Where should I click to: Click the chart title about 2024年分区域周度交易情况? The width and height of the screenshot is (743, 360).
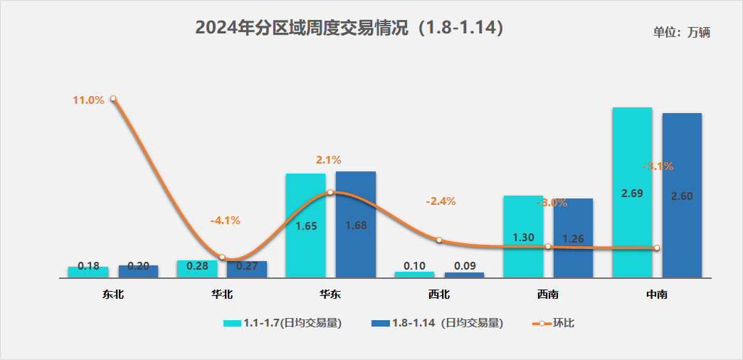(x=349, y=28)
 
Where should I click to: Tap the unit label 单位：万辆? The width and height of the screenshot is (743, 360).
(x=682, y=32)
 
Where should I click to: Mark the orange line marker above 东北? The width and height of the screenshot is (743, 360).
(x=113, y=100)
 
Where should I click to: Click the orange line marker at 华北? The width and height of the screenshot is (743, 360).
(x=222, y=257)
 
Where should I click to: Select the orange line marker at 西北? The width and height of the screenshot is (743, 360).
(x=439, y=240)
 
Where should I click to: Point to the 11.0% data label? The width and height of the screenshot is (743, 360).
(x=88, y=100)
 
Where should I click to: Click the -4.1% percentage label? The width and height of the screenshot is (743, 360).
(x=225, y=220)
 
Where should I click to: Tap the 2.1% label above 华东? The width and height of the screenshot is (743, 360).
(x=329, y=159)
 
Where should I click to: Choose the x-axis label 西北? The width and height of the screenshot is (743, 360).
(x=439, y=293)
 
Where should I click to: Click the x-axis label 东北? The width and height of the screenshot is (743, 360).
(x=113, y=293)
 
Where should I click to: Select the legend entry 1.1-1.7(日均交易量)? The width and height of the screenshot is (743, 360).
(x=283, y=323)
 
